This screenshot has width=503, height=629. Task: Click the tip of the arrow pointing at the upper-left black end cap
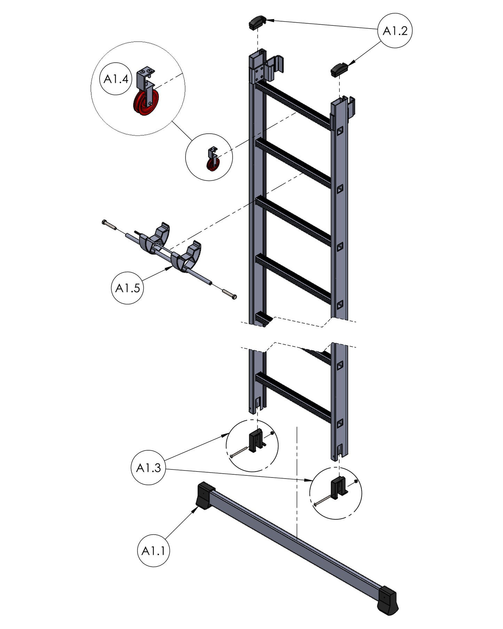(267, 20)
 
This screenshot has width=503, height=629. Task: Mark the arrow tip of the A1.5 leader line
(173, 266)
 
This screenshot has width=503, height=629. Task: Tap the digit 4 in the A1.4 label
(125, 79)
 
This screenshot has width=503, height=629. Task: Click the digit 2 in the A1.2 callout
(404, 31)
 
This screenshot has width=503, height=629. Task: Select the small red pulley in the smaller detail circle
(211, 165)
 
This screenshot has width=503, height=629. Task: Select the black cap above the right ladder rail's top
(339, 70)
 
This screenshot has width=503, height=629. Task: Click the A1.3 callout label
(149, 468)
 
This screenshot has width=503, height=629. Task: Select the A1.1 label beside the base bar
(154, 551)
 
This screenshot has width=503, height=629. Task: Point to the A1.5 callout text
(127, 288)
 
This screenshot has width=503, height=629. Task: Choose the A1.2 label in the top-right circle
(395, 31)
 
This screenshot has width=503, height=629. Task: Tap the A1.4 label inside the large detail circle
(116, 79)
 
